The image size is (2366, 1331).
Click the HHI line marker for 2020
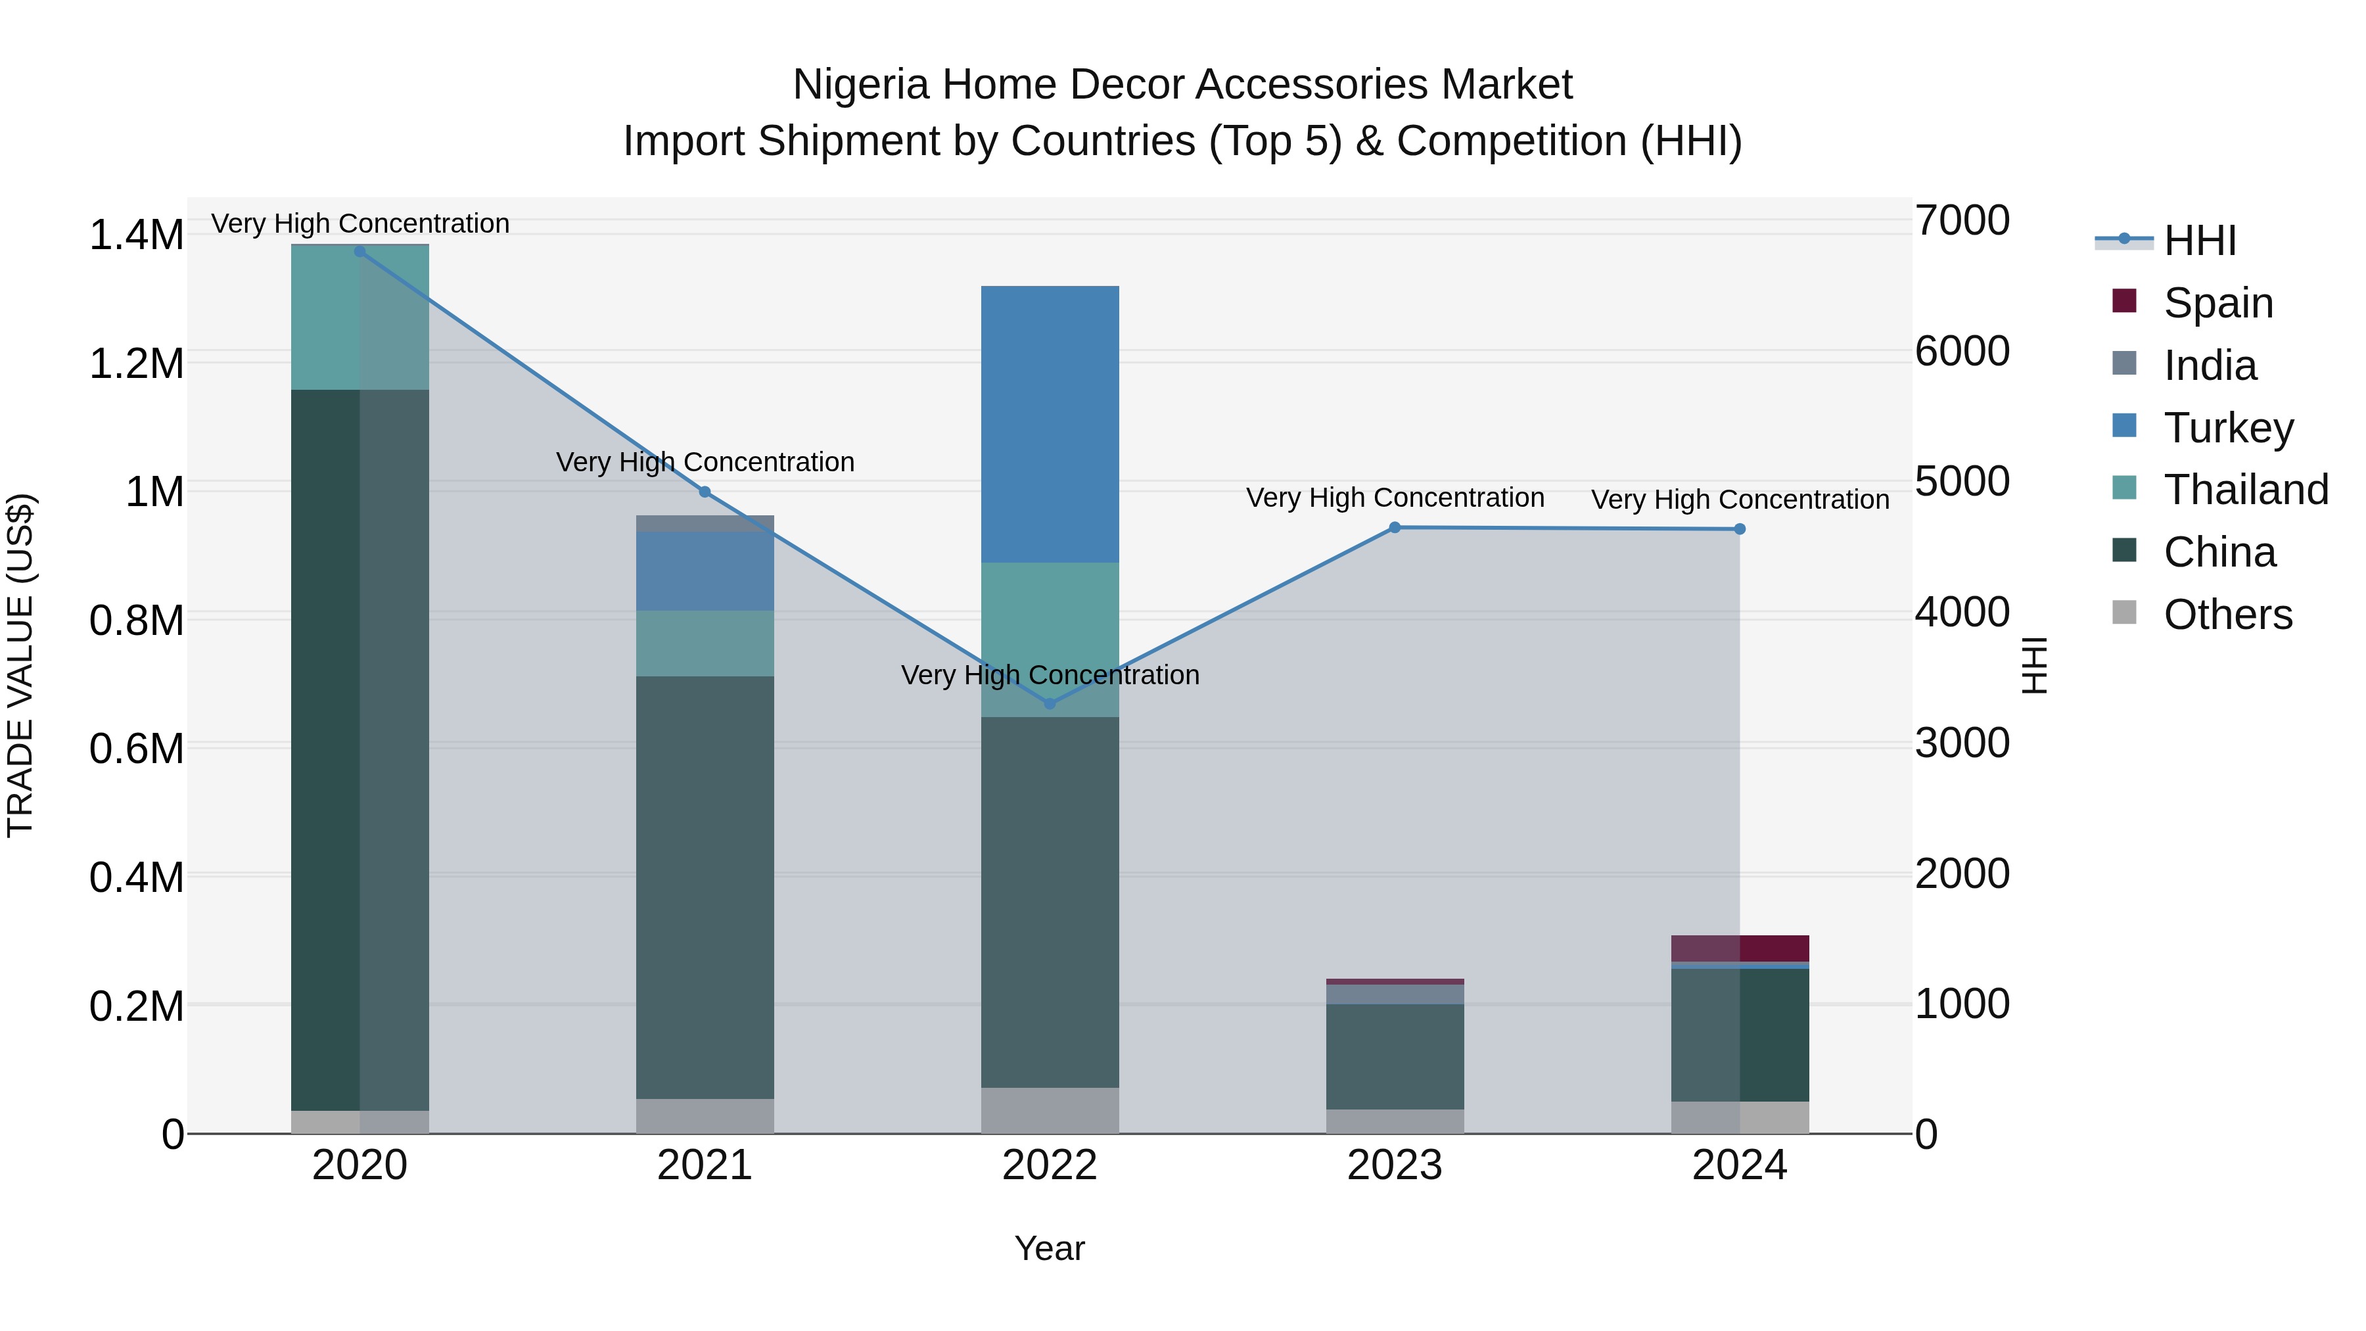(x=360, y=252)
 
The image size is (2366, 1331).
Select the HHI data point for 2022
(x=1050, y=703)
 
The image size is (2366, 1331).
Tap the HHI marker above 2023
(x=1394, y=527)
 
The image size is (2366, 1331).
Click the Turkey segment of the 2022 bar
(x=1050, y=425)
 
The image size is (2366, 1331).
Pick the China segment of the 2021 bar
(x=705, y=887)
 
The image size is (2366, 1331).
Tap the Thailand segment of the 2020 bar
(x=360, y=318)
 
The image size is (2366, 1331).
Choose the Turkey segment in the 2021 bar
(x=705, y=571)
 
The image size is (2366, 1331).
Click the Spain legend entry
(x=2217, y=303)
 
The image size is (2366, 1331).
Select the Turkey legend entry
(x=2228, y=428)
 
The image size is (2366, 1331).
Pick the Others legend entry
(x=2227, y=615)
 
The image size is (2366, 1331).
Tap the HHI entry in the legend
(x=2199, y=241)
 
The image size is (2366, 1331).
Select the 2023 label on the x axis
(x=1394, y=1165)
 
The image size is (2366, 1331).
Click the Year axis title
(x=1050, y=1248)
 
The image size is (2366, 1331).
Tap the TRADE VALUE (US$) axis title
(x=20, y=665)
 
